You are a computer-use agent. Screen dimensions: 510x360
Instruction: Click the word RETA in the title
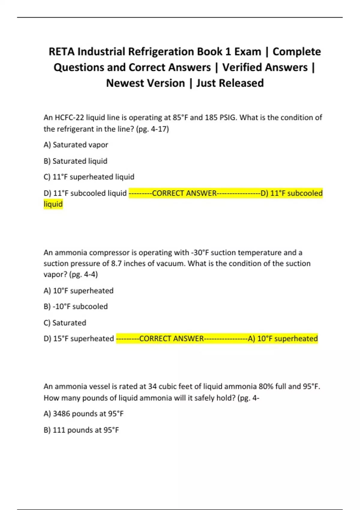(61, 52)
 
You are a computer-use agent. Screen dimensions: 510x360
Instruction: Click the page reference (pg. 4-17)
(153, 129)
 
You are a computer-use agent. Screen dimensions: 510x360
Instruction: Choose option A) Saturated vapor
(76, 145)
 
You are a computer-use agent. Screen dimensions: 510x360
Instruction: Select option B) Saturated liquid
(75, 161)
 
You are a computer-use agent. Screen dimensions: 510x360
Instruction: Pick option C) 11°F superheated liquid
(89, 177)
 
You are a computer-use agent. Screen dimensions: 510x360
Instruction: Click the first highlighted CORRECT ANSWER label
(184, 193)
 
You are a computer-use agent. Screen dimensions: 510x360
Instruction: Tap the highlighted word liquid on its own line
(53, 204)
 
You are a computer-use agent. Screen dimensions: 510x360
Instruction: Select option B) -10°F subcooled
(76, 307)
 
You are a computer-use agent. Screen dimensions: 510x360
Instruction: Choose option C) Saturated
(65, 323)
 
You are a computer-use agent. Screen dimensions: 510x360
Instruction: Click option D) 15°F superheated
(79, 339)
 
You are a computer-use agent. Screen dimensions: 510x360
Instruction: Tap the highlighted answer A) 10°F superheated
(283, 339)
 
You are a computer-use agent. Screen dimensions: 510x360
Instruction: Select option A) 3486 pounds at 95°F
(83, 414)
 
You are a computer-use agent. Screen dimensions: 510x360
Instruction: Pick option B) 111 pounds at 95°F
(81, 430)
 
